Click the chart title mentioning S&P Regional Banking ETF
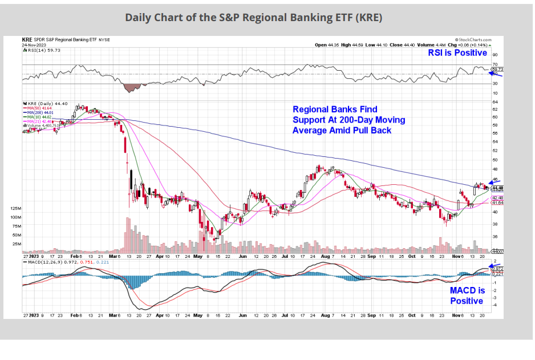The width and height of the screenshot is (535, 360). coord(254,17)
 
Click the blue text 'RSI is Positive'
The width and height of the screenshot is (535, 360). coord(457,53)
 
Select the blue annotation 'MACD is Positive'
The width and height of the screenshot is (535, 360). coord(467,296)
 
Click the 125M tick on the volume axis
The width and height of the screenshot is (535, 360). coord(15,209)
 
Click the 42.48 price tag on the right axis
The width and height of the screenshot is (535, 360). coord(496,197)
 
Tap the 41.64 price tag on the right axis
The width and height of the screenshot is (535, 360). coord(496,203)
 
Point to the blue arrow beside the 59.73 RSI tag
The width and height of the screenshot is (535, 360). coord(494,73)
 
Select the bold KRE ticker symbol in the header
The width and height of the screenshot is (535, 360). coord(26,40)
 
